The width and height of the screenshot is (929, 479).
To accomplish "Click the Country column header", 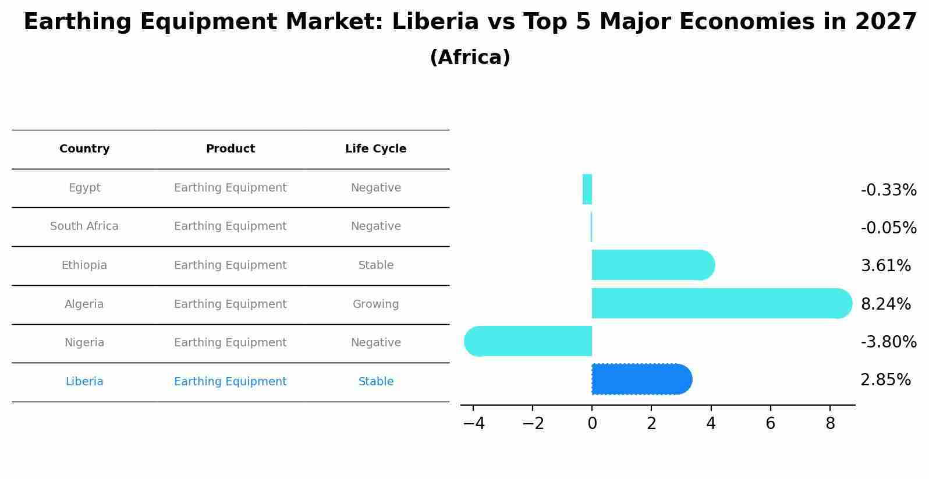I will tap(84, 149).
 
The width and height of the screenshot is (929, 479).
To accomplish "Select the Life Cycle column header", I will tap(375, 149).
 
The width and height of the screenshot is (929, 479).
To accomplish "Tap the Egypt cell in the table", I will tap(84, 188).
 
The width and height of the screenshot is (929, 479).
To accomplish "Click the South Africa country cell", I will tap(84, 226).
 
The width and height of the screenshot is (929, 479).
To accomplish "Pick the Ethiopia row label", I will tap(84, 265).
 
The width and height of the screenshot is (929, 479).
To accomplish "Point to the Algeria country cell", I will tap(84, 304).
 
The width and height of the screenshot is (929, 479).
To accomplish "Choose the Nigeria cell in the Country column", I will tap(84, 343).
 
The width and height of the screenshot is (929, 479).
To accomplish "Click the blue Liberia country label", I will tap(84, 382).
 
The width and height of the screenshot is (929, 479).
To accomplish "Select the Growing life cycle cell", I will tap(375, 304).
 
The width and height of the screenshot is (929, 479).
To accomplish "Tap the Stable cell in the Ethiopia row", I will tap(375, 265).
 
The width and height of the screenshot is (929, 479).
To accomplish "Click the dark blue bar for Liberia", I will tap(640, 379).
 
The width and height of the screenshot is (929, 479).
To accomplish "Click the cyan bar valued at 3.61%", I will tap(652, 265).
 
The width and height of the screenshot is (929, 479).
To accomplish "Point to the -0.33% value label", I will tap(888, 190).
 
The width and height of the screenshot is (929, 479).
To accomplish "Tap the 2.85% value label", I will tap(885, 380).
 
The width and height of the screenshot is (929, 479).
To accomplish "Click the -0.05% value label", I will tap(888, 228).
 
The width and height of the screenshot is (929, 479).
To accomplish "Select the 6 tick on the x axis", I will tap(770, 424).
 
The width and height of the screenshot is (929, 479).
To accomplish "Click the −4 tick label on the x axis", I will tap(474, 424).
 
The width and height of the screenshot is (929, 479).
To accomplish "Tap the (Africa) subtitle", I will tap(470, 58).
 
